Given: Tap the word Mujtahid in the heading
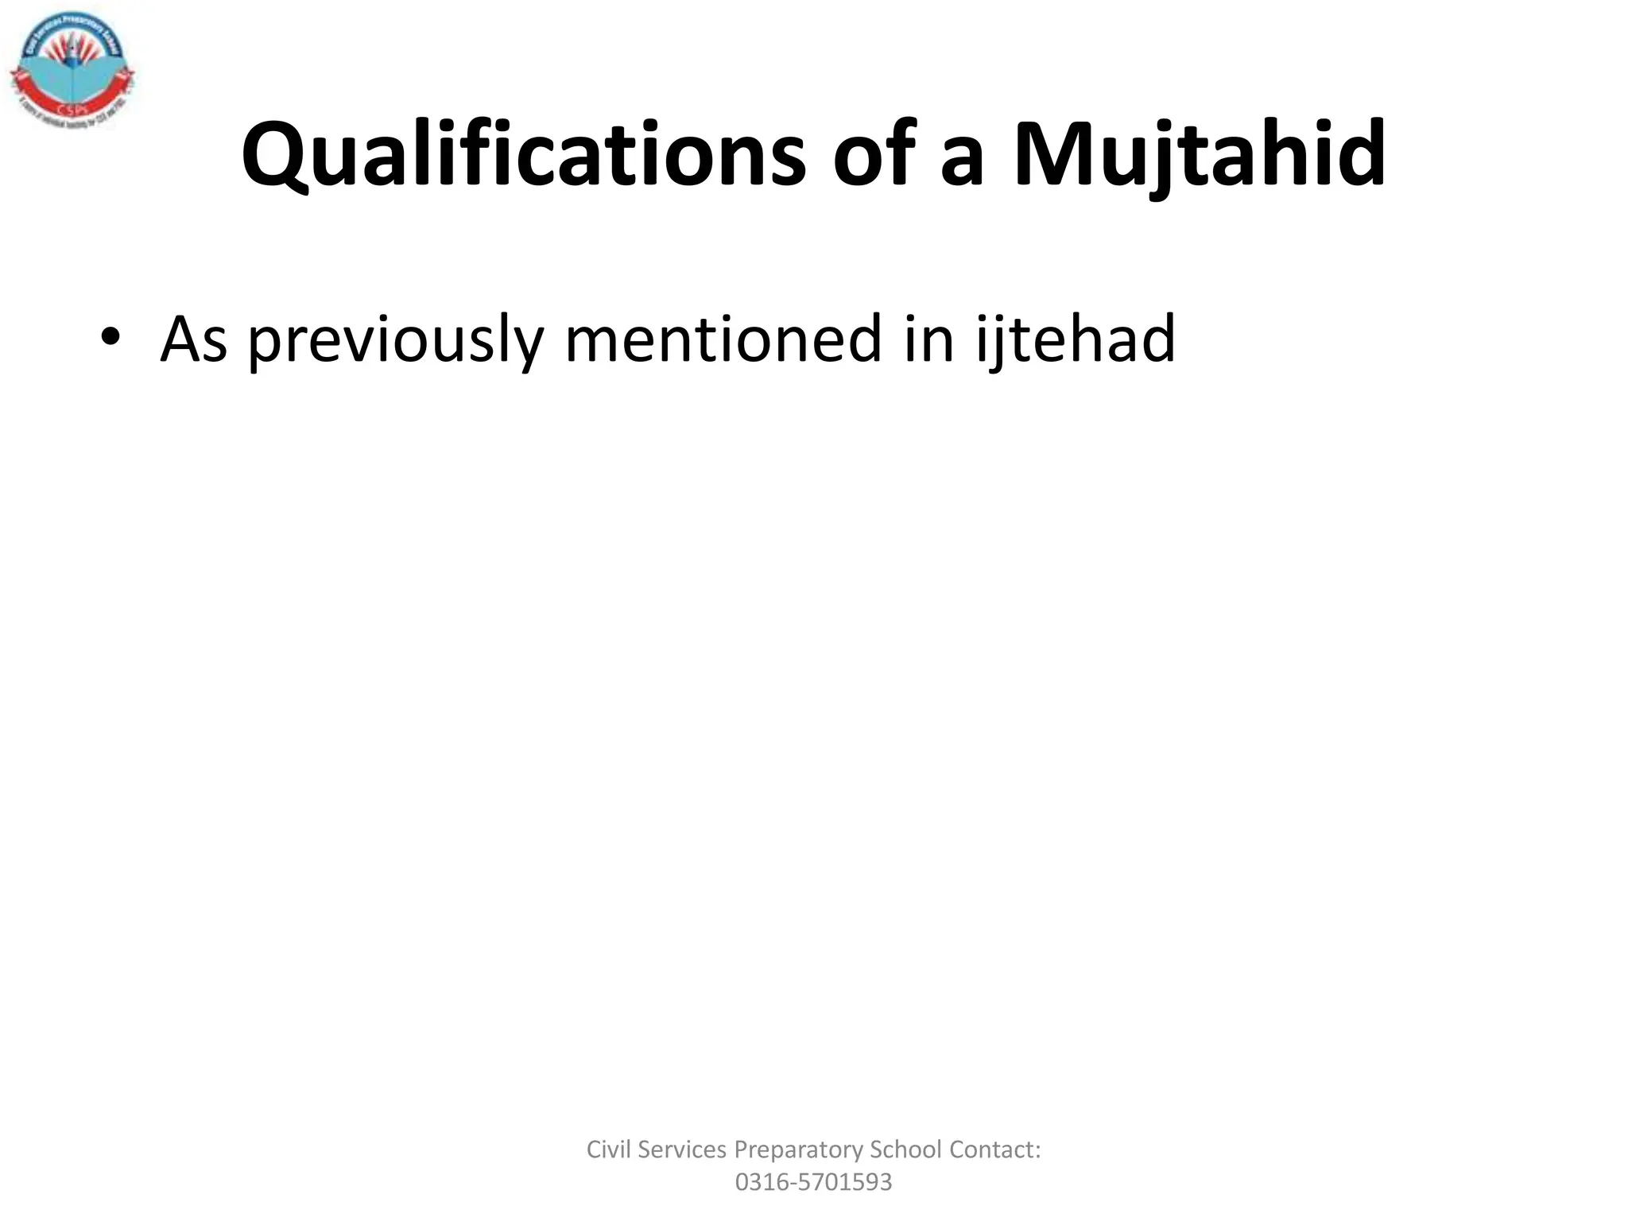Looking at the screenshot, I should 1200,154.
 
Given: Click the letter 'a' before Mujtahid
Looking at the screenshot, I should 963,163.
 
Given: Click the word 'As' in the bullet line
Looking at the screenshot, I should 194,339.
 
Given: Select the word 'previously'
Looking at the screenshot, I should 395,339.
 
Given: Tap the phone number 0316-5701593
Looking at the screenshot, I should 813,1182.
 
